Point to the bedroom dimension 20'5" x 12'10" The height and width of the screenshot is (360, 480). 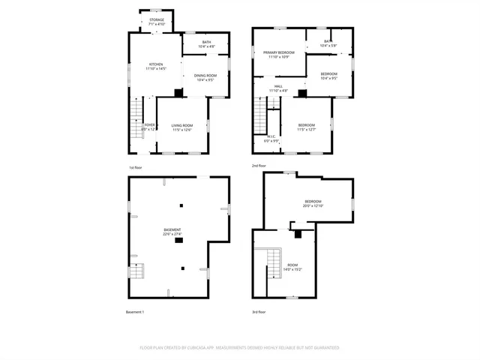(313, 205)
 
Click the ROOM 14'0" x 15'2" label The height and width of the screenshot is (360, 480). (292, 267)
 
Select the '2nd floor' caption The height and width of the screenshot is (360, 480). (259, 165)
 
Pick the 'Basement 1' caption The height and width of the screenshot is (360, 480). (135, 312)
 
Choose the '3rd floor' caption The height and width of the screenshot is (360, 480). (259, 312)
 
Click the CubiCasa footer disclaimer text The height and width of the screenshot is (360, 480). (239, 348)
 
